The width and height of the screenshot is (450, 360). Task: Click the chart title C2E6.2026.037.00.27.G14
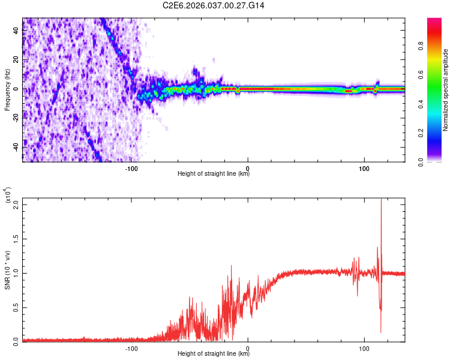pyautogui.click(x=214, y=5)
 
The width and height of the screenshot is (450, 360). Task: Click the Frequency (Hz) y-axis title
pyautogui.click(x=7, y=90)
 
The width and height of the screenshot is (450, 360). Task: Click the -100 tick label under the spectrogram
pyautogui.click(x=132, y=168)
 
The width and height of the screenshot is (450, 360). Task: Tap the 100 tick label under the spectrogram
pyautogui.click(x=364, y=168)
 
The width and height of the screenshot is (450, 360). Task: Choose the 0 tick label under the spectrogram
pyautogui.click(x=248, y=168)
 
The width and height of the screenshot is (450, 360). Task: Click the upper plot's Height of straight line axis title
pyautogui.click(x=214, y=175)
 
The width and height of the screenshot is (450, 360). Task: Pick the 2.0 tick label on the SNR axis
pyautogui.click(x=16, y=205)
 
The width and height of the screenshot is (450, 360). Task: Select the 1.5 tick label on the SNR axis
pyautogui.click(x=16, y=239)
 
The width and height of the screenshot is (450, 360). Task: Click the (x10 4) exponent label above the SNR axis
pyautogui.click(x=7, y=196)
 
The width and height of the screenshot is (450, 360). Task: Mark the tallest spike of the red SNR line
pyautogui.click(x=381, y=201)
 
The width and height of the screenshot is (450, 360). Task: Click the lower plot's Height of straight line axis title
pyautogui.click(x=214, y=353)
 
